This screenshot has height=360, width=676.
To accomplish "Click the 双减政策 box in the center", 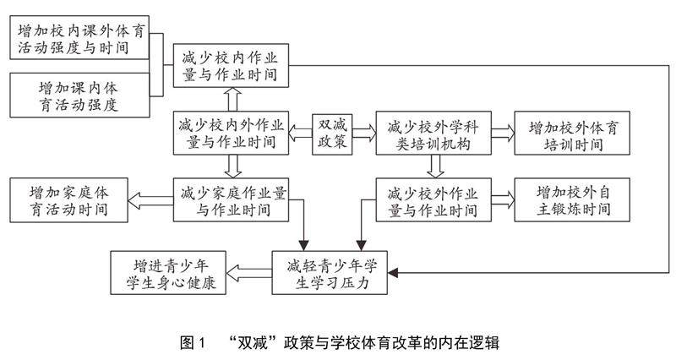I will coord(331,134).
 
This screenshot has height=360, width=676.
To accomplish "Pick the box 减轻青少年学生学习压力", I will coord(330,273).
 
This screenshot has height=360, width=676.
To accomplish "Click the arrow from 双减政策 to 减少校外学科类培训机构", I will coord(363,134).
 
